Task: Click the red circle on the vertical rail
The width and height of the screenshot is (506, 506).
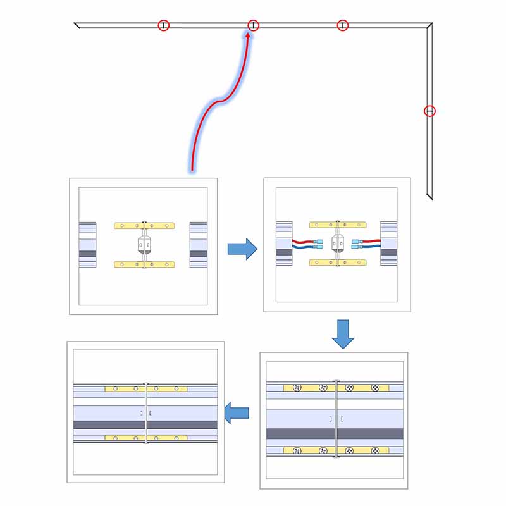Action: [429, 111]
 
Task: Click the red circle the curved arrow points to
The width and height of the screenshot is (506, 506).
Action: [253, 25]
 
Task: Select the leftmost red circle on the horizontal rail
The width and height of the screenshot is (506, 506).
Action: [164, 25]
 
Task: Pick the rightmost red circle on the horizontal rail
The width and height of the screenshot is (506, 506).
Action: [342, 25]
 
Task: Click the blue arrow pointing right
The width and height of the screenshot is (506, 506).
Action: [242, 248]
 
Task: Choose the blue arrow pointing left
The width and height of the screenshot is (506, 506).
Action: [237, 413]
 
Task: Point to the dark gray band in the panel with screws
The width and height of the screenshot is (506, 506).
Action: [335, 433]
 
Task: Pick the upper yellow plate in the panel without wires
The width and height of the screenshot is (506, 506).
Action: [144, 225]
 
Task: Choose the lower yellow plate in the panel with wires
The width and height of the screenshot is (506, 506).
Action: [339, 262]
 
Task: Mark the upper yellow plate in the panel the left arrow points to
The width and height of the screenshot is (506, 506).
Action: [146, 388]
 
